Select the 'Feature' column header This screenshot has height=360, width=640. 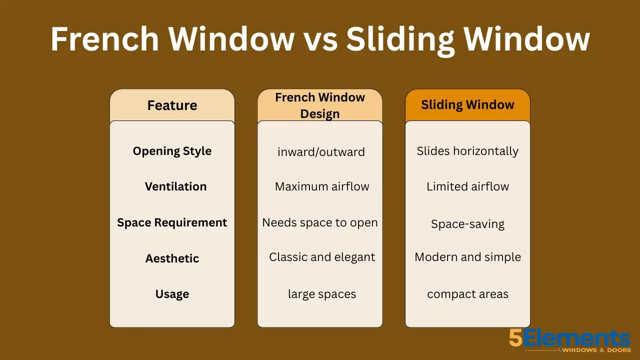coord(172,105)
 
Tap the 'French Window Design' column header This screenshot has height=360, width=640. coord(320,105)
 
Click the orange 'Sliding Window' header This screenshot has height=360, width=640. coord(467,105)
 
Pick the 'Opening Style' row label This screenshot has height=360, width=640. coord(172,151)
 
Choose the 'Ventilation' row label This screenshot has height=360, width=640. coord(175,186)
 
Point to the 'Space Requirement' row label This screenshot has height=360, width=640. coord(172,222)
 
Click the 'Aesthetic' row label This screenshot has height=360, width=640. coord(172,258)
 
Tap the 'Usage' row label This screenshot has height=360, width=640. coord(172,294)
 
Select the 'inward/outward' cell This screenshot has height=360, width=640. coord(321,152)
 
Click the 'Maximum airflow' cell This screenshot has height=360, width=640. coord(322,186)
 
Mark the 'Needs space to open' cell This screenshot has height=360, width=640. coord(320,222)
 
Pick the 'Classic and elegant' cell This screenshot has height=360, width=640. coord(322,257)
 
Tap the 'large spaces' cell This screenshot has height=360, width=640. coord(322,294)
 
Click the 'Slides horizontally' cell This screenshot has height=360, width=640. coord(467,151)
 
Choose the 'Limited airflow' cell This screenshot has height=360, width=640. coord(467,186)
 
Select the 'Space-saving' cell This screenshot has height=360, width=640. coord(467,224)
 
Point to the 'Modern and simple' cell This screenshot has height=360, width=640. coord(467,257)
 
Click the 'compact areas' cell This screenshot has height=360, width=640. coord(467,294)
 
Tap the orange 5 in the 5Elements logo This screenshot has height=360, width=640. coord(516,338)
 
